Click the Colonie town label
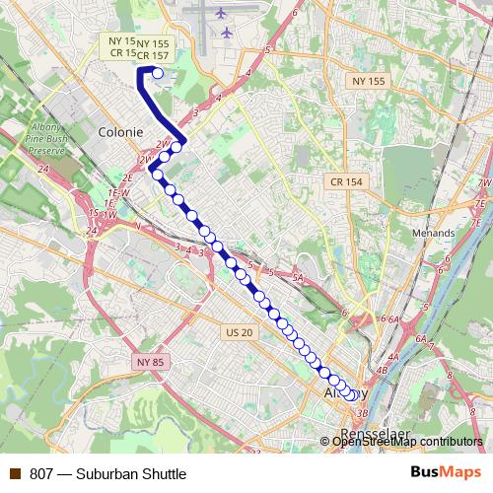tap(121, 131)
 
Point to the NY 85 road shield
tap(152, 363)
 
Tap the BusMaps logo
tap(447, 473)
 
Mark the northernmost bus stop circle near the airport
tap(158, 72)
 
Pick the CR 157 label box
tap(153, 56)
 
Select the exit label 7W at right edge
tap(483, 183)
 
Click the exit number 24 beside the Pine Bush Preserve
tap(43, 169)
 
